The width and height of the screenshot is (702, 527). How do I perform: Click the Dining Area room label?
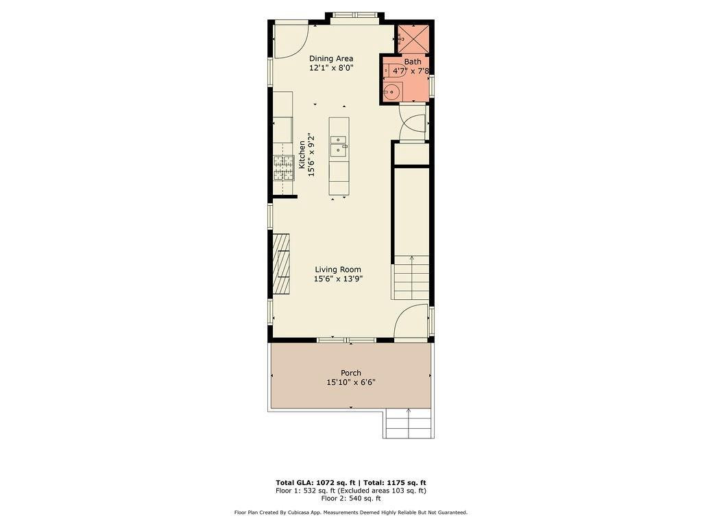tap(331, 58)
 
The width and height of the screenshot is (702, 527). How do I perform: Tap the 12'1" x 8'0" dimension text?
tap(331, 68)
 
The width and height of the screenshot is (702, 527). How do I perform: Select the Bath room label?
tap(413, 62)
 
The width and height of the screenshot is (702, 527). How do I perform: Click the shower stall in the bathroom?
tap(413, 38)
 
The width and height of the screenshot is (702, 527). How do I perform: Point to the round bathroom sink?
tap(393, 91)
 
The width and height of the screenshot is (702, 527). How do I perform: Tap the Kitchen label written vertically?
tap(302, 155)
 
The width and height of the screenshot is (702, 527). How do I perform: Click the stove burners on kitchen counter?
tap(283, 167)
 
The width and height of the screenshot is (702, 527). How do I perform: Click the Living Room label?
tap(338, 270)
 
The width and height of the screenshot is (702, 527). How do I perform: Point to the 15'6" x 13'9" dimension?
tap(338, 279)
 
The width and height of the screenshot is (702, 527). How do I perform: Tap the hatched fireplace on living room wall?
tap(282, 263)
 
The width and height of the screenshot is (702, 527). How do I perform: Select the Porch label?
tap(351, 373)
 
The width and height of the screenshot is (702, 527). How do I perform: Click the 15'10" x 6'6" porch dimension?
tap(351, 382)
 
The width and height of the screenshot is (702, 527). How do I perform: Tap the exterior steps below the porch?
tap(409, 423)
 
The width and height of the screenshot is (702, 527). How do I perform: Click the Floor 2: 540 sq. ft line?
tap(351, 498)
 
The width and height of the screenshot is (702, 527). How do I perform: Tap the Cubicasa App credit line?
tap(351, 512)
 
